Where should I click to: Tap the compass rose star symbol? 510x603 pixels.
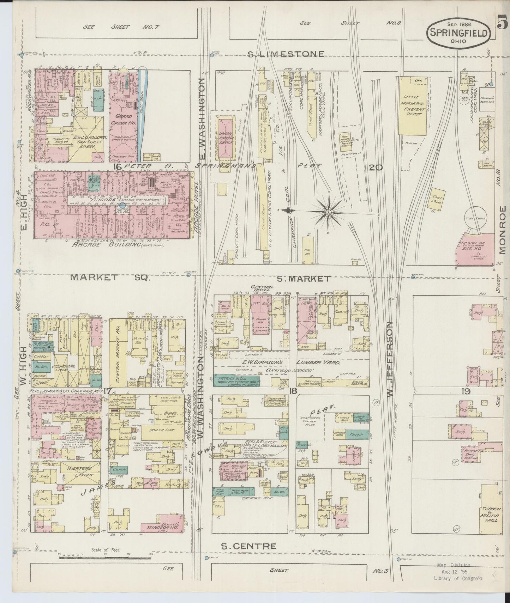coord(328,212)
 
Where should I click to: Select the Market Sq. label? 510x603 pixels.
coord(110,278)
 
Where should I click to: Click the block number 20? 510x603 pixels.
coord(376,168)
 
